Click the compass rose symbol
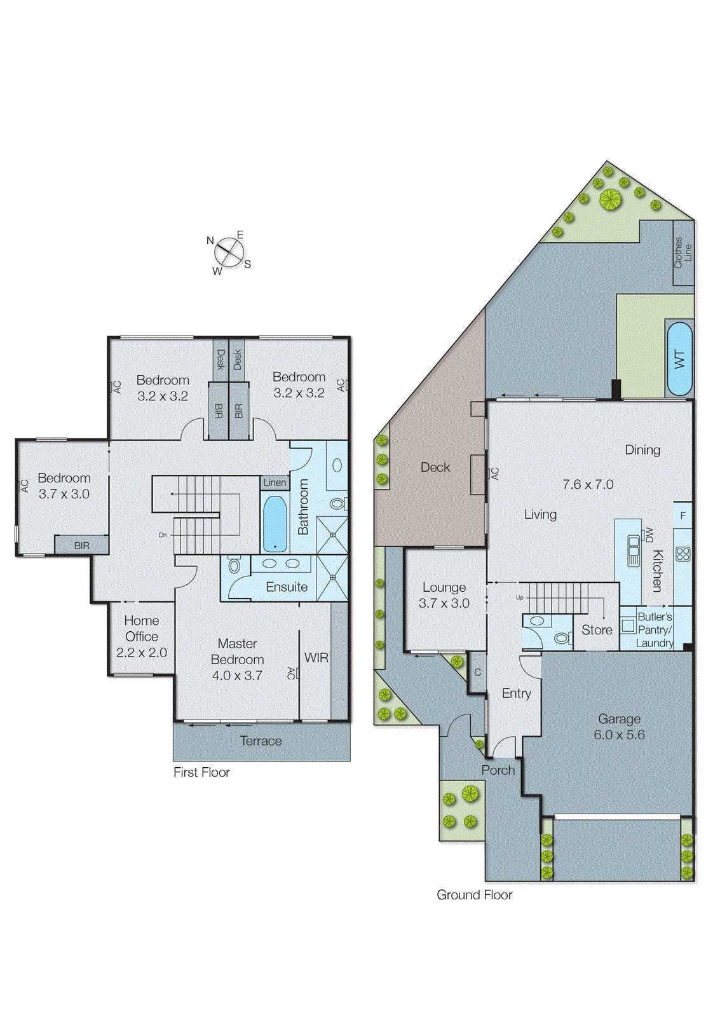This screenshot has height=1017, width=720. click(229, 253)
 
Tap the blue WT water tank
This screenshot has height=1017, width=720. click(679, 359)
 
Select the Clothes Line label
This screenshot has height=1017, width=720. click(683, 252)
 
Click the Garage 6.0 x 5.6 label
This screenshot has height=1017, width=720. click(619, 727)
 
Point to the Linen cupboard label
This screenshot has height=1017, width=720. click(275, 482)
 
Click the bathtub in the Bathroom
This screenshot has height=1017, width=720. click(275, 524)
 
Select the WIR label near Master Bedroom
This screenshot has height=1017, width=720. click(316, 658)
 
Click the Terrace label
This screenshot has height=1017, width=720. click(261, 741)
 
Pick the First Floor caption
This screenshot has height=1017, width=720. click(201, 772)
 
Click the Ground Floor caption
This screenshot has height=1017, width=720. click(474, 895)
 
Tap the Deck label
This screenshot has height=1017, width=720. click(435, 467)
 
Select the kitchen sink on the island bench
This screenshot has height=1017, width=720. click(633, 550)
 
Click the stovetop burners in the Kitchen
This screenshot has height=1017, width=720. click(683, 554)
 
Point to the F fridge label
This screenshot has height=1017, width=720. click(683, 515)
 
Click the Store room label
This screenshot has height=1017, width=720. click(597, 630)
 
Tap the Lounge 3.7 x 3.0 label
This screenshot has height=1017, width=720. click(444, 595)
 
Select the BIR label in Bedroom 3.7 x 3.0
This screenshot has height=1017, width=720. click(81, 545)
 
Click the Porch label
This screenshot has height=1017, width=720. click(498, 770)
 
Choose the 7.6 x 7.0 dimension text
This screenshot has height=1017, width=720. click(588, 484)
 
